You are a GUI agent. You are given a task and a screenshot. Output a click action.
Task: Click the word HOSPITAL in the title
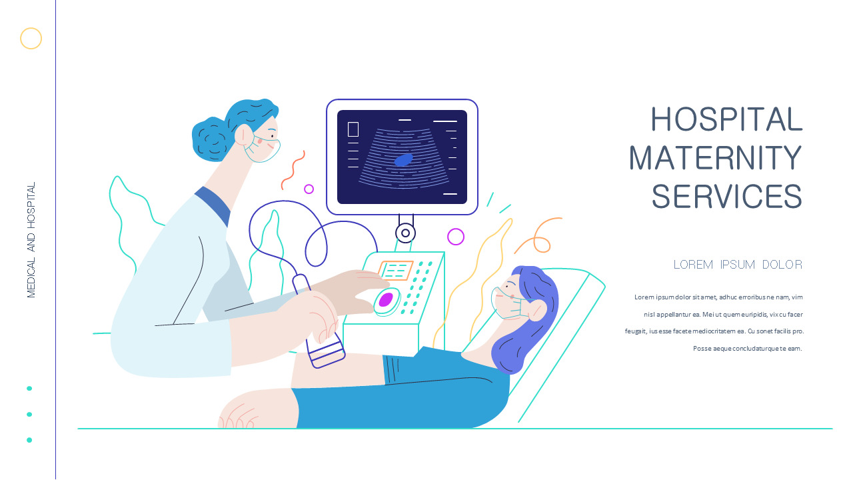coord(726,120)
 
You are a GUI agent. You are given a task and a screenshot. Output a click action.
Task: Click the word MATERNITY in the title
coord(716,159)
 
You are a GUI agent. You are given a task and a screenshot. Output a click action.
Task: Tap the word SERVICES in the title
coord(726,197)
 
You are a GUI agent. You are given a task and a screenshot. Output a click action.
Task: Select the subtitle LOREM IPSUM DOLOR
coord(738,265)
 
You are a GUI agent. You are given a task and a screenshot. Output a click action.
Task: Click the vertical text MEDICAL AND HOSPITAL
coord(31,240)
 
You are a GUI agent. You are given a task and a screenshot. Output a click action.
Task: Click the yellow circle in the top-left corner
coord(31,39)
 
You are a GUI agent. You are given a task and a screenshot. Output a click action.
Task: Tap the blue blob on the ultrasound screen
coord(404,160)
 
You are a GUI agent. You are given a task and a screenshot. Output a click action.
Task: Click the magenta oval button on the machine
coord(386,300)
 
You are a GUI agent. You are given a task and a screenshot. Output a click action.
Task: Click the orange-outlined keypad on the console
coord(396,270)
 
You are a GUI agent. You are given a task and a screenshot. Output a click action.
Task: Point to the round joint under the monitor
coord(405,233)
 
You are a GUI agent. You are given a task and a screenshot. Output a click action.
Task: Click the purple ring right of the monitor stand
coord(456,237)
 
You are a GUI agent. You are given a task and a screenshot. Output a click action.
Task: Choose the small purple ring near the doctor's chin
coord(309,189)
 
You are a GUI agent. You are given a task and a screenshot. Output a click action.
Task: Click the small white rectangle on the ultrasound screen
coord(353,129)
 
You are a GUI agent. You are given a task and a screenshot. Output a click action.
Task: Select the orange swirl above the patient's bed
coord(538,233)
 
